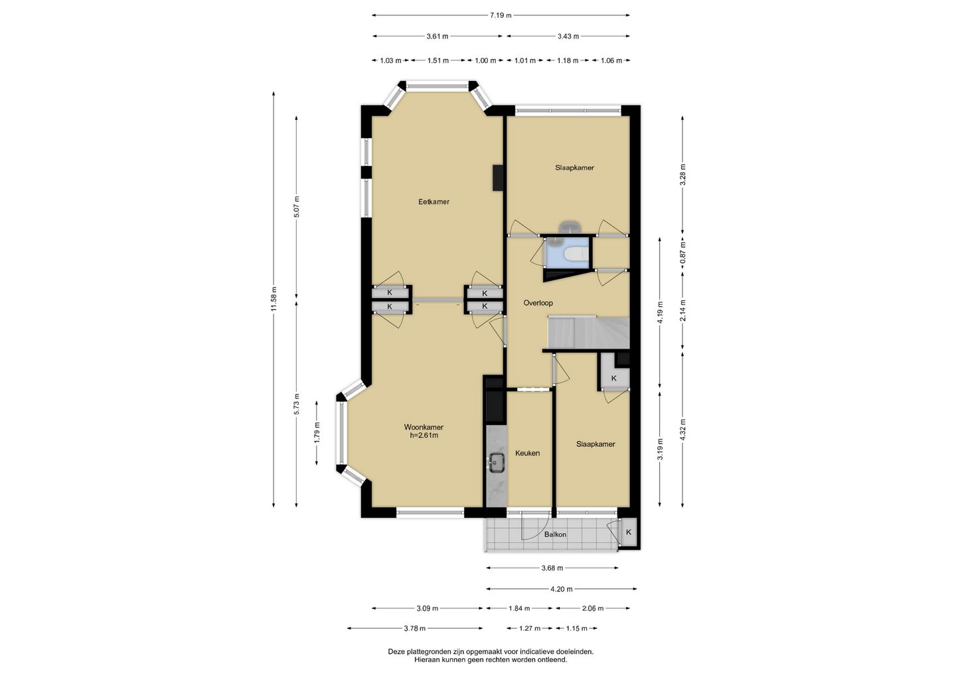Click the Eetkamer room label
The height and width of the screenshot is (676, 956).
(434, 202)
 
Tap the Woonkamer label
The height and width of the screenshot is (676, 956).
(424, 427)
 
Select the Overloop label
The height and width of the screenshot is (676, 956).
(538, 303)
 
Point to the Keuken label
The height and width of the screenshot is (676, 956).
(528, 454)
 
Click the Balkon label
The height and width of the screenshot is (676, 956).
(555, 535)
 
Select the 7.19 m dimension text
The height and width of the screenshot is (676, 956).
(501, 15)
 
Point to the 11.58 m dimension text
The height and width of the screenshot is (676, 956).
(274, 299)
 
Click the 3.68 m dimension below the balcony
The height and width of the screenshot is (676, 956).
(552, 568)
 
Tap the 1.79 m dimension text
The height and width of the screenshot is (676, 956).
(317, 433)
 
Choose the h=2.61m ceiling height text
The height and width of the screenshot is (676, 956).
(424, 436)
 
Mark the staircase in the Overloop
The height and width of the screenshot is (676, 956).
(589, 332)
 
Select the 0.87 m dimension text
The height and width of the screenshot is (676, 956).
(683, 252)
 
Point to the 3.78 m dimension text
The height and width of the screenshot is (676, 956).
(415, 628)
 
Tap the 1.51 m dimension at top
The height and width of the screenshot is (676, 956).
(438, 60)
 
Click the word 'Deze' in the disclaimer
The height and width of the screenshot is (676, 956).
(396, 651)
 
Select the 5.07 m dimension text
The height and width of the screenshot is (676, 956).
(297, 207)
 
